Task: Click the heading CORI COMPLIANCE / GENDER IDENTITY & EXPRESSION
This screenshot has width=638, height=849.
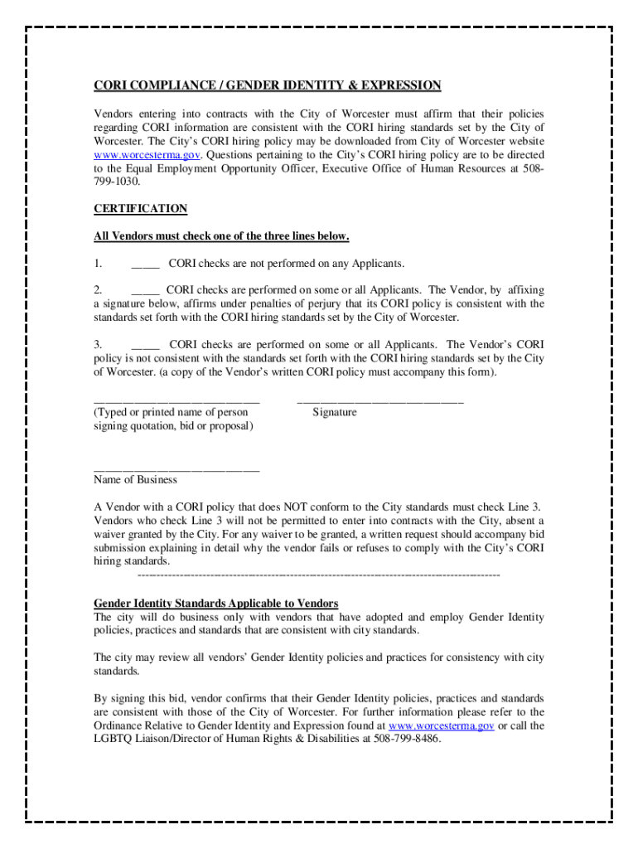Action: [267, 85]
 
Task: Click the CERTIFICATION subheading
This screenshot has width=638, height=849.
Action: [140, 209]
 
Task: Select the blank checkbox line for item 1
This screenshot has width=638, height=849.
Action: [145, 264]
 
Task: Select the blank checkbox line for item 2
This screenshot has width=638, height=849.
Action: [145, 291]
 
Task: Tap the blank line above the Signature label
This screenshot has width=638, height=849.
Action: [379, 401]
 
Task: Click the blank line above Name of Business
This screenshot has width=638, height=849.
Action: [176, 469]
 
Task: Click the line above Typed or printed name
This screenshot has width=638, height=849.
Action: [176, 401]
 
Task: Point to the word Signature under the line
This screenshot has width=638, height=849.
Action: [335, 412]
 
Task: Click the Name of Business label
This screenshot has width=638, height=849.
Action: [135, 480]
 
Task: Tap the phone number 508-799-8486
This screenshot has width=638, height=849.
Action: [407, 739]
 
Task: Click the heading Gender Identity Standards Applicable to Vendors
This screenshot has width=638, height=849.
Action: [215, 604]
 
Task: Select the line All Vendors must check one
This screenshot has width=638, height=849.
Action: [221, 237]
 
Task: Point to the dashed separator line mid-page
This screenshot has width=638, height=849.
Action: [318, 575]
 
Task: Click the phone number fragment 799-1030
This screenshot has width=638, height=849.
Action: [117, 182]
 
